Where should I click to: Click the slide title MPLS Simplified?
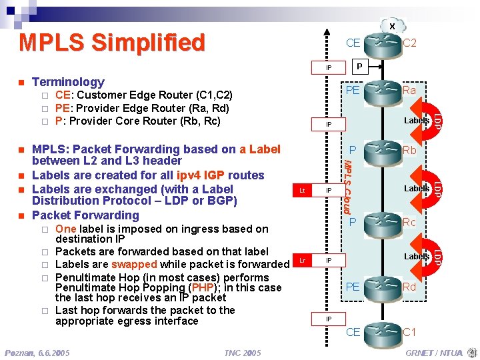[x=112, y=42]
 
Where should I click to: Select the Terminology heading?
[x=68, y=82]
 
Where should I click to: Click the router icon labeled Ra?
[x=383, y=89]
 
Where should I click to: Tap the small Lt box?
[x=302, y=191]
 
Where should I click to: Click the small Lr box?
[x=302, y=259]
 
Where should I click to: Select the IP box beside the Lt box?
[x=329, y=191]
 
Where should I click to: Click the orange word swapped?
[x=134, y=264]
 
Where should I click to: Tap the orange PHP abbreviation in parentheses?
[x=202, y=287]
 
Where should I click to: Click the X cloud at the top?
[x=392, y=26]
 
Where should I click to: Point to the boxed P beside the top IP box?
[x=359, y=67]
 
